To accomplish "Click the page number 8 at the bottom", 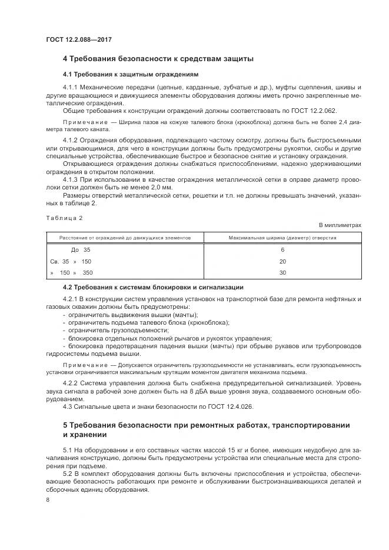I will coord(48,499).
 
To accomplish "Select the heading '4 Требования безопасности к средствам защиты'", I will coord(158,59).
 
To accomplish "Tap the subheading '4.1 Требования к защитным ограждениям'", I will coord(130,75).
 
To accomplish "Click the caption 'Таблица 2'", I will coord(64,218).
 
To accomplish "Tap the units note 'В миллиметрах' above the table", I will coord(340,225).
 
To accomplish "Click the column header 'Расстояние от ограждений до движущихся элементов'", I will coord(125,238).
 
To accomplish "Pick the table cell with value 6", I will coord(282,250).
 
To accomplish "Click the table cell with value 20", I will coord(282,261).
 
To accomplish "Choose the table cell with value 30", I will coord(282,272).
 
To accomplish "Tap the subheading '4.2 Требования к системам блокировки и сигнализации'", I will coord(153,287).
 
